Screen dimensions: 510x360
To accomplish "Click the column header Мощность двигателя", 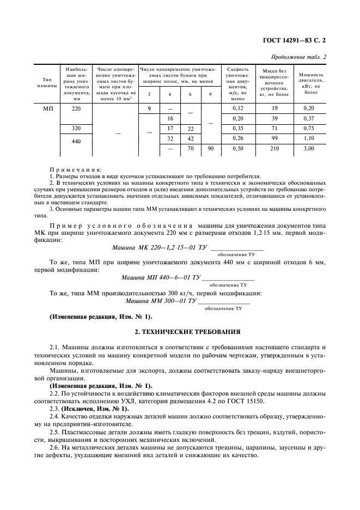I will click(312, 83).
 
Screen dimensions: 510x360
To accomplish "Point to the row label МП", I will click(46, 108).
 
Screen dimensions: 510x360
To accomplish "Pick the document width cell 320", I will click(76, 128).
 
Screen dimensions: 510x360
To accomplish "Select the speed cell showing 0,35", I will click(237, 128).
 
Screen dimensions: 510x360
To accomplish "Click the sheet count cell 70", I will click(190, 148).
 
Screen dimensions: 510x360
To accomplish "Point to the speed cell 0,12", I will click(237, 108).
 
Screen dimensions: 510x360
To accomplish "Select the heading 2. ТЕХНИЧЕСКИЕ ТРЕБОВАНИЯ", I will click(180, 331).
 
